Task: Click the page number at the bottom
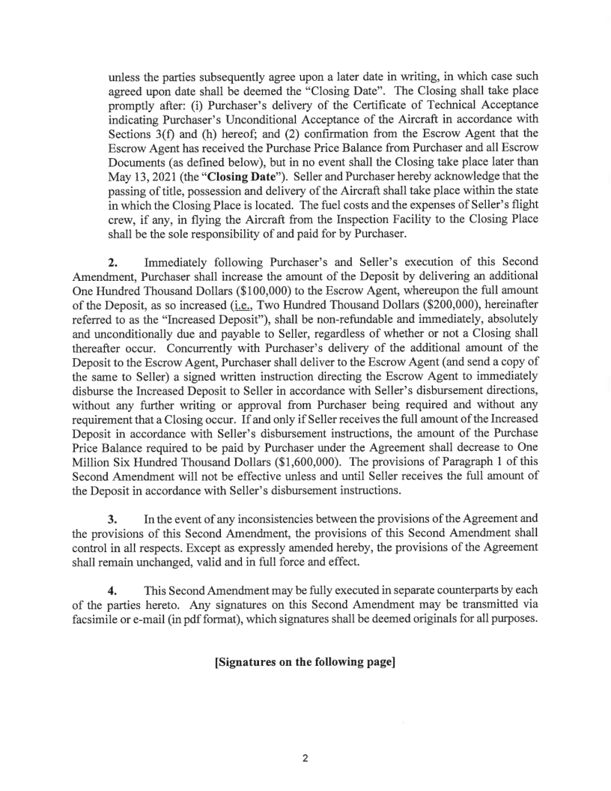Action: coord(305,758)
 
